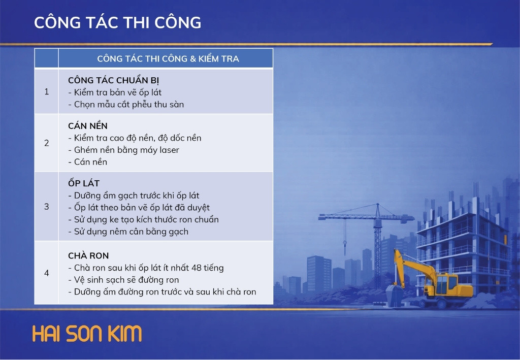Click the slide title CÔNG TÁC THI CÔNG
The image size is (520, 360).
(x=117, y=22)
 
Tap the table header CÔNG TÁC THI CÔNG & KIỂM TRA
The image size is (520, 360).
(x=168, y=59)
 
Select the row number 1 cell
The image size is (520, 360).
(x=46, y=91)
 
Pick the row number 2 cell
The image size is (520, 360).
(x=46, y=143)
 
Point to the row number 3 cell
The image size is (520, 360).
(x=46, y=207)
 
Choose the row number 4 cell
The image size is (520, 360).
(x=46, y=273)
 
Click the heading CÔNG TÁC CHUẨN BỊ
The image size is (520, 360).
(x=113, y=81)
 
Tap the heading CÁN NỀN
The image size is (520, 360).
(x=88, y=125)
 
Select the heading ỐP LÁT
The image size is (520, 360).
(x=84, y=183)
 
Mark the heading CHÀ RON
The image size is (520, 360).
(x=88, y=255)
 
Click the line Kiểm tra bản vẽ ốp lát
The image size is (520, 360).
(x=115, y=92)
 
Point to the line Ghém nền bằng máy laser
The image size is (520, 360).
(x=123, y=150)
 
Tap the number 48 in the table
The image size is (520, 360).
(x=197, y=268)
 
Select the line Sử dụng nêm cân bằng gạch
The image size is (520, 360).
(x=128, y=232)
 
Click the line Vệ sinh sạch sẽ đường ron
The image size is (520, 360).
(x=123, y=280)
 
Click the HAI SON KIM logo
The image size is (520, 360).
(x=87, y=334)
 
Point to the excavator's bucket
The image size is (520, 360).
(x=395, y=295)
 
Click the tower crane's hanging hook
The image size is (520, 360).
(x=345, y=244)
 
